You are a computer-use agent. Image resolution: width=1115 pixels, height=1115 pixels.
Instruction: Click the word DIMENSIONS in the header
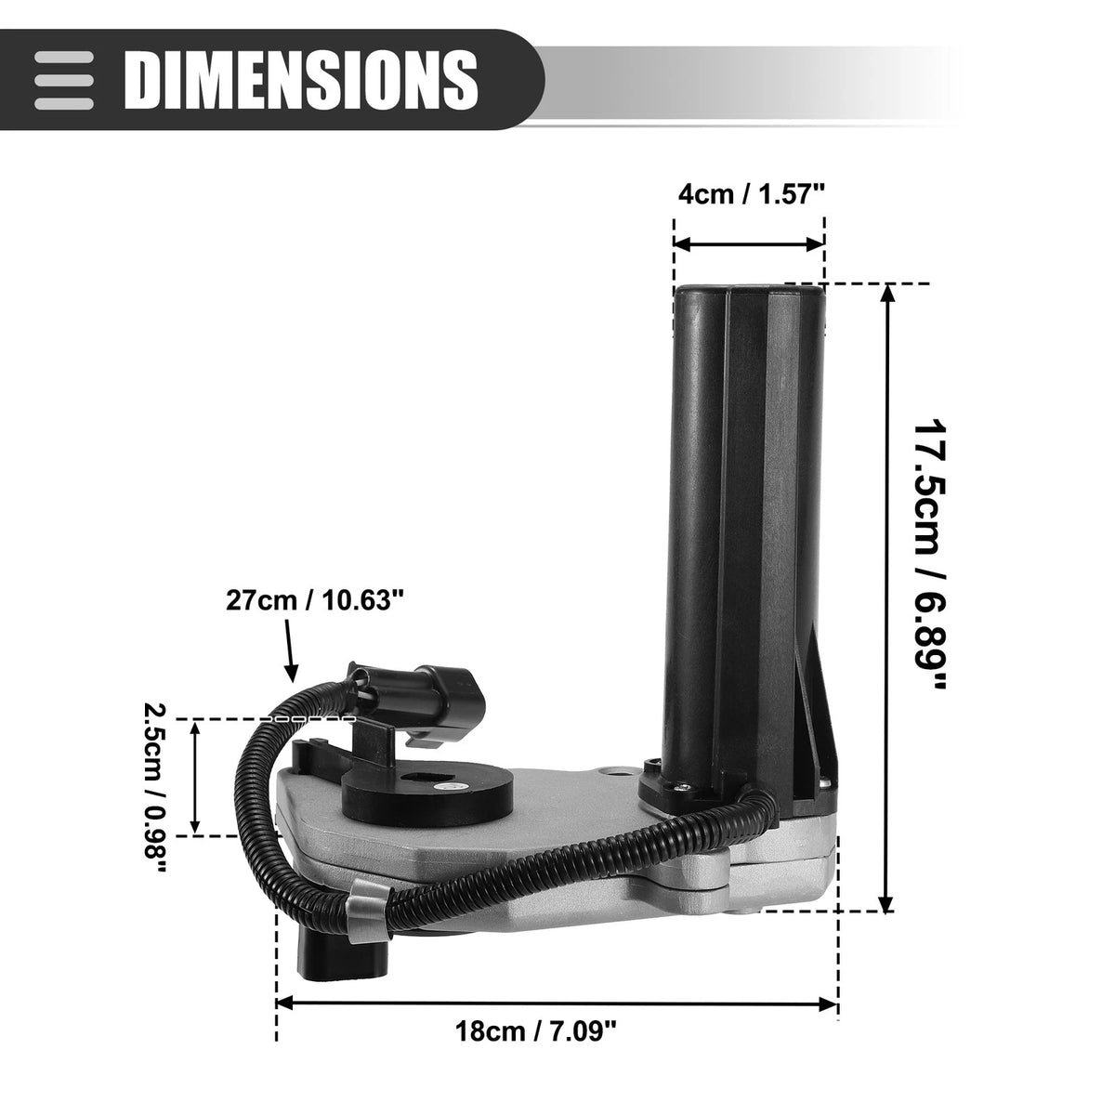pos(301,81)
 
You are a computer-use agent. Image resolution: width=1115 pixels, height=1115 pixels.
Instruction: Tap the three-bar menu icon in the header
pos(64,81)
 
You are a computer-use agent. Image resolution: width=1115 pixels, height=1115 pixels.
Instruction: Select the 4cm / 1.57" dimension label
pos(751,194)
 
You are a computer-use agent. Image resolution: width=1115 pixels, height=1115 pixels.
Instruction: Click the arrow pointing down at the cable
pos(289,649)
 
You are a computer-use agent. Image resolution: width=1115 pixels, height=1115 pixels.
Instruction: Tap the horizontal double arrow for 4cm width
pos(749,244)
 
